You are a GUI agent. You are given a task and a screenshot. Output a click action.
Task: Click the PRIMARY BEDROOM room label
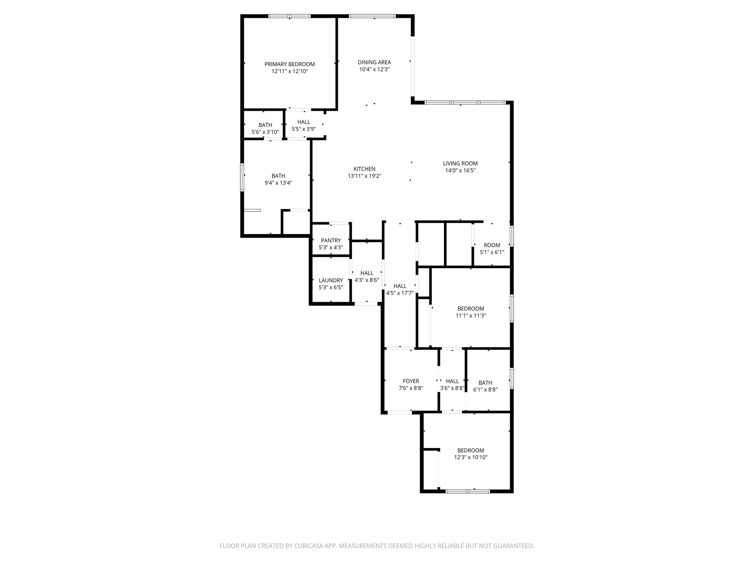(x=289, y=64)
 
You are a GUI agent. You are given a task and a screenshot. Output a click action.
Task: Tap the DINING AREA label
(x=374, y=63)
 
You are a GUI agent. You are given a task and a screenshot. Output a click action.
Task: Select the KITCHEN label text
(x=364, y=169)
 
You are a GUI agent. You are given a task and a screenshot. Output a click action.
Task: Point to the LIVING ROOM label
(x=460, y=163)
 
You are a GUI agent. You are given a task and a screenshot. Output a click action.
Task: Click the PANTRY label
(x=331, y=241)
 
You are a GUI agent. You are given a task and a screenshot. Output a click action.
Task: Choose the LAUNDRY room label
(x=331, y=280)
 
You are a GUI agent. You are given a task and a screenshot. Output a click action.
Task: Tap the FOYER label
(x=411, y=381)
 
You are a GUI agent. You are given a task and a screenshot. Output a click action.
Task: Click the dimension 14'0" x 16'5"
(x=460, y=170)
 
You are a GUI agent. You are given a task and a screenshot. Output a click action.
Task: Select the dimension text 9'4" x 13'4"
(x=278, y=183)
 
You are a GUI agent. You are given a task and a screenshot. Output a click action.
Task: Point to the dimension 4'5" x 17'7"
(x=400, y=293)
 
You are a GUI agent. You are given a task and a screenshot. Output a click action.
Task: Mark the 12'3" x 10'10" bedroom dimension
(x=471, y=457)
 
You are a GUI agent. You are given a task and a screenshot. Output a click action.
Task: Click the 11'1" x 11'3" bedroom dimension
(x=471, y=316)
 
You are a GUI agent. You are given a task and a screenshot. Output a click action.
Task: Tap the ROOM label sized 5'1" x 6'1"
(x=492, y=245)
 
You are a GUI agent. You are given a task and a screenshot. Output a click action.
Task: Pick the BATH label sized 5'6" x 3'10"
(x=265, y=125)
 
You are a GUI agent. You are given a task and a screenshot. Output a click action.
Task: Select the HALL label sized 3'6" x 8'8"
(x=452, y=381)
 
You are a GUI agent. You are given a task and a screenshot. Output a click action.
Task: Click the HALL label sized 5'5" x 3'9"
(x=303, y=122)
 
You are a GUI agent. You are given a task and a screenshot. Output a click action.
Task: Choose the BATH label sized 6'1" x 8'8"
(x=485, y=383)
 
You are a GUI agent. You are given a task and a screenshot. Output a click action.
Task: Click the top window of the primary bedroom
(x=289, y=16)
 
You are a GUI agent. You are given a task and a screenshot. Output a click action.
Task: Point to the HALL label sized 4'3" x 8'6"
(x=367, y=273)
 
